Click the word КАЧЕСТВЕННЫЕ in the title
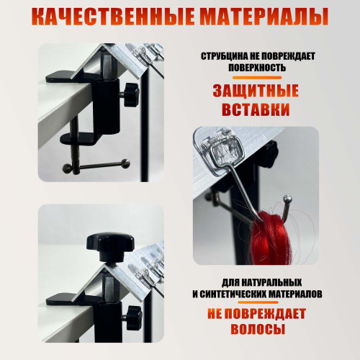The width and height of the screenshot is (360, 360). click(113, 17)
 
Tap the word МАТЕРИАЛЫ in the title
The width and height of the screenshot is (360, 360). click(264, 17)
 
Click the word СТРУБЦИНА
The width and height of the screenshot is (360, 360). click(225, 56)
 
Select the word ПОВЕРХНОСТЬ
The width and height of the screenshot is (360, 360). click(257, 68)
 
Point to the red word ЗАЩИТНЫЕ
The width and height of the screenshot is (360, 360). click(256, 91)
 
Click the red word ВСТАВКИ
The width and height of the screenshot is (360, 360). click(256, 109)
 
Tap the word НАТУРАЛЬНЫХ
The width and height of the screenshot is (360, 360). click(271, 282)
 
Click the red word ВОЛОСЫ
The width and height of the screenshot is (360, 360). click(258, 328)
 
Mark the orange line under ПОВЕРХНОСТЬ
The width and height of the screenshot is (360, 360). click(257, 78)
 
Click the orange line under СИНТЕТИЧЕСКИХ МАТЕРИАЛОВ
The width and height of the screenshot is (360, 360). click(258, 302)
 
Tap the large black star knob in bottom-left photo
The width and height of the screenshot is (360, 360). click(109, 243)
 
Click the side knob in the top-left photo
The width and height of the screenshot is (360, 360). click(131, 95)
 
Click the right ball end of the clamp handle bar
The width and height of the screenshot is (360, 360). click(126, 163)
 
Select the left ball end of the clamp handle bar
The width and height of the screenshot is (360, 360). click(66, 168)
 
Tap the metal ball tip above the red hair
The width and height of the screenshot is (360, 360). click(288, 199)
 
